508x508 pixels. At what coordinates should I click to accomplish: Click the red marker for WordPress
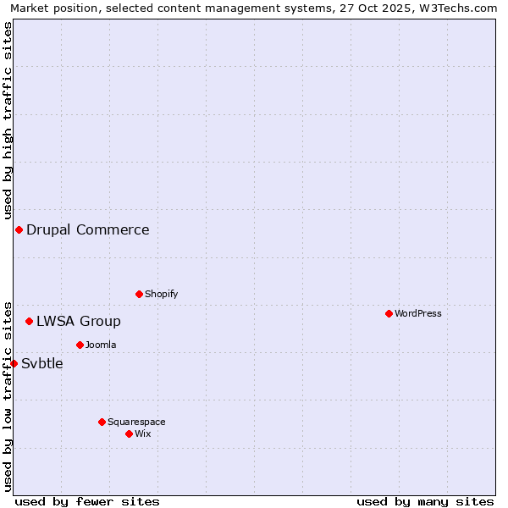click(x=389, y=313)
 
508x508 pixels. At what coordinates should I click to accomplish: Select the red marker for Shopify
click(x=139, y=294)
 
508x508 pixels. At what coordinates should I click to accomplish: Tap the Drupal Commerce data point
click(x=19, y=229)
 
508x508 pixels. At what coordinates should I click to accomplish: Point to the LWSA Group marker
click(x=29, y=321)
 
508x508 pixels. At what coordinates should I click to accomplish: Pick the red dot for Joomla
click(x=80, y=345)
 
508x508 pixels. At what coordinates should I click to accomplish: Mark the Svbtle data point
click(x=14, y=363)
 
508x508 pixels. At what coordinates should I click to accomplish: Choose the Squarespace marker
click(x=102, y=422)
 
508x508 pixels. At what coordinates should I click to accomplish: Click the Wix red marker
click(x=129, y=433)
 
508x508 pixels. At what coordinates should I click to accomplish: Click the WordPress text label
click(x=418, y=313)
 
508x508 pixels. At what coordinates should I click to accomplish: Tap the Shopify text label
click(x=162, y=294)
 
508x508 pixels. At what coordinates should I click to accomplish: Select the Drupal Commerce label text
click(x=88, y=229)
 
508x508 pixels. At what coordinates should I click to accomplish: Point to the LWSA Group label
click(x=79, y=321)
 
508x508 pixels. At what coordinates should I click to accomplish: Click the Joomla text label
click(x=101, y=345)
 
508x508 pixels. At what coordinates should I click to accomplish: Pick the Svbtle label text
click(x=42, y=363)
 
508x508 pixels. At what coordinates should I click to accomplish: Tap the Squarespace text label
click(x=136, y=422)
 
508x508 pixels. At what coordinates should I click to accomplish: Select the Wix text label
click(x=143, y=433)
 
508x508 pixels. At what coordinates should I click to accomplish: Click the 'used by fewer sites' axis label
click(x=87, y=501)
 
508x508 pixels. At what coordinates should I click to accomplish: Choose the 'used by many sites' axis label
click(x=425, y=501)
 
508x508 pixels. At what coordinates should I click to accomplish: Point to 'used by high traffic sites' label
click(x=8, y=118)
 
